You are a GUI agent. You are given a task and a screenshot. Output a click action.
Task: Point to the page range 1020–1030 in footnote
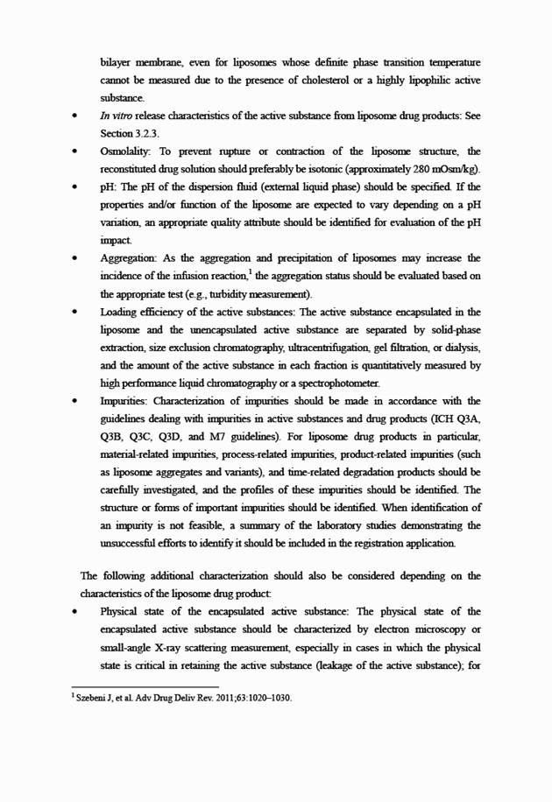[x=264, y=698]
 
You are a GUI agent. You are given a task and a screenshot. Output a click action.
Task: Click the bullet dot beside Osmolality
[x=80, y=152]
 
